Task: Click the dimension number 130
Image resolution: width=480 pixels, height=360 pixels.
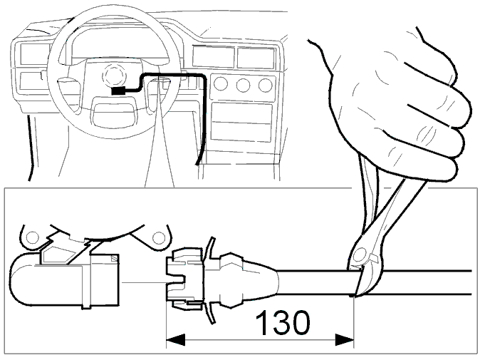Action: click(282, 322)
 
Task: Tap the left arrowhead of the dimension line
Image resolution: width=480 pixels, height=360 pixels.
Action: click(176, 340)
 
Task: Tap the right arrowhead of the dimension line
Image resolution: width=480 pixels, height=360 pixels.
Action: click(345, 340)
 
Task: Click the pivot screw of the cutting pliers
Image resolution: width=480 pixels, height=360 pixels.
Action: click(360, 254)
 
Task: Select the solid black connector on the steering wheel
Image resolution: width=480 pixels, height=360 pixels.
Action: click(119, 91)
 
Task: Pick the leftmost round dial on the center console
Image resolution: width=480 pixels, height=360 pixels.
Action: click(220, 83)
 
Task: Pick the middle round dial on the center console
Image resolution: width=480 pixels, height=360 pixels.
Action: click(243, 85)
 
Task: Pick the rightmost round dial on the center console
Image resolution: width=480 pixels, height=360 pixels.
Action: click(265, 85)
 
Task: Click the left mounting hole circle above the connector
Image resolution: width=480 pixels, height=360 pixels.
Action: click(33, 237)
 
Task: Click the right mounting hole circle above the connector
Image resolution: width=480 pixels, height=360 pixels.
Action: click(158, 237)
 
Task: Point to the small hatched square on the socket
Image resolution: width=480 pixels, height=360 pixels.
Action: click(115, 258)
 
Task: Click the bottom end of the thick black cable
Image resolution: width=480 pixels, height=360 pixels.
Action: click(197, 164)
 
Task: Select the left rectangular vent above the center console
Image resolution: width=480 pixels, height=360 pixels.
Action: click(214, 57)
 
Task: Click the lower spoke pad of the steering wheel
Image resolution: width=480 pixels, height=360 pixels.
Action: click(113, 115)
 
